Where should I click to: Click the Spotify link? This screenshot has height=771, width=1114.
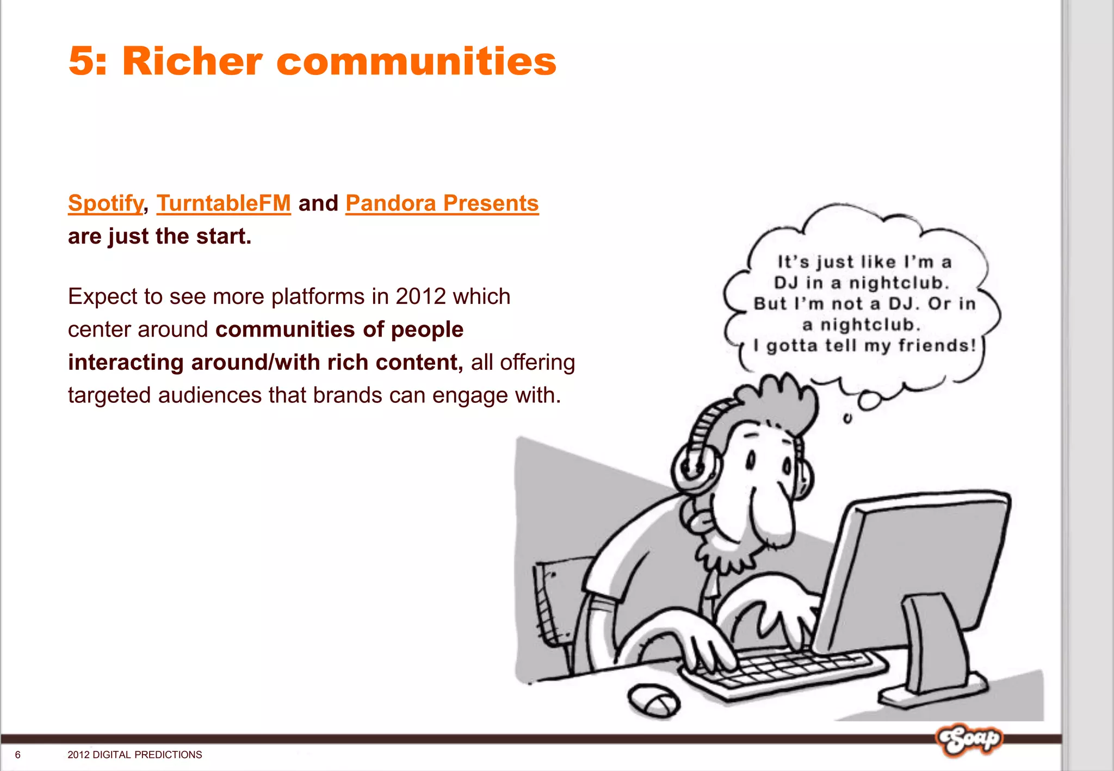[106, 203]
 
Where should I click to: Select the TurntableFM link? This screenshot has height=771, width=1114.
[224, 203]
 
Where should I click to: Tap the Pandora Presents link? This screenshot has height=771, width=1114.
[442, 203]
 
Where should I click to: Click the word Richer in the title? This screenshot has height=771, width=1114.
[192, 61]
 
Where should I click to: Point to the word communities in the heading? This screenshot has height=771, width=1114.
[416, 61]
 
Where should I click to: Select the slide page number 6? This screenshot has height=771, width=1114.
[18, 755]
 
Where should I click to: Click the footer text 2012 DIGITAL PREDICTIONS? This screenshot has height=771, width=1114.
[135, 755]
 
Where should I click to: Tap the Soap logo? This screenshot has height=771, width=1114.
[969, 739]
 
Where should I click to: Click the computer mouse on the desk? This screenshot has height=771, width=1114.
[654, 700]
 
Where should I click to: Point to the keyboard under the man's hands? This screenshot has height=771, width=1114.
[783, 671]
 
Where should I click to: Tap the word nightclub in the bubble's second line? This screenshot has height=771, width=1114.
[898, 283]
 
